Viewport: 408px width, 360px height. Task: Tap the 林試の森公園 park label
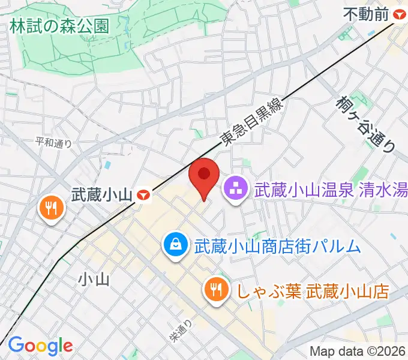(x=59, y=26)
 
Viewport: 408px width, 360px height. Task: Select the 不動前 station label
(x=366, y=14)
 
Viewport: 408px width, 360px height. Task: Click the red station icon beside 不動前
(x=398, y=14)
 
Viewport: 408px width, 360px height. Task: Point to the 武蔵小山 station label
(x=100, y=194)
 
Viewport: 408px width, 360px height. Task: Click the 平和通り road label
(x=53, y=143)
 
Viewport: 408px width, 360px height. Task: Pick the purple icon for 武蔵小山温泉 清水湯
(x=236, y=190)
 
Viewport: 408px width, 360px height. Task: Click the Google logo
(x=40, y=345)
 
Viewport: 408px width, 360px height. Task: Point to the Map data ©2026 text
(x=358, y=351)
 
